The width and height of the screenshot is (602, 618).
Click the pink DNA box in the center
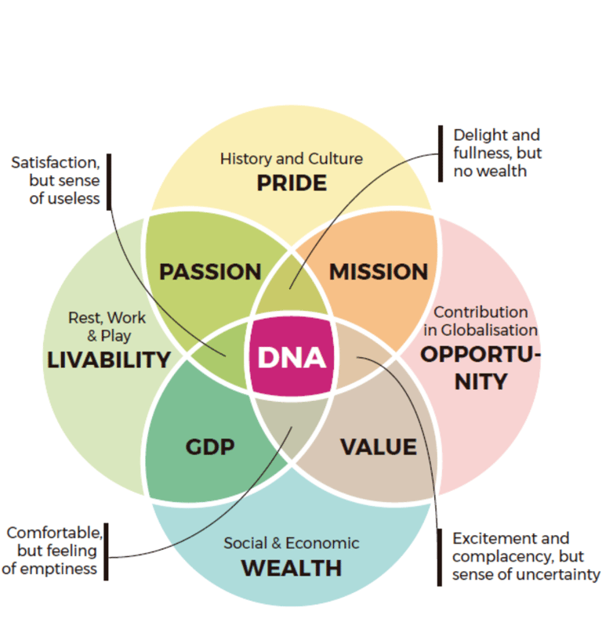[292, 357]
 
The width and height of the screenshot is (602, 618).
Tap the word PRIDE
[292, 183]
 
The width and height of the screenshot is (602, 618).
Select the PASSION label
[210, 272]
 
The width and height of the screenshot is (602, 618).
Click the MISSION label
[379, 272]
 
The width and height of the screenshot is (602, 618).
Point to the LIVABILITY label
[109, 360]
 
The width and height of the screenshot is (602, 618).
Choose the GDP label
[210, 446]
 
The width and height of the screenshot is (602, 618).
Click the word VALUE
[378, 446]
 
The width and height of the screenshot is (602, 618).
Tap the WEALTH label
[292, 567]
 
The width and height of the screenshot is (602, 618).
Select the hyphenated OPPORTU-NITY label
[481, 368]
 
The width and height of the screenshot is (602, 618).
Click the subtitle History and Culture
[292, 159]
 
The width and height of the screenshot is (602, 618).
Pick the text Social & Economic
[292, 543]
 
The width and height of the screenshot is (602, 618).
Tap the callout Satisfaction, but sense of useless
[56, 180]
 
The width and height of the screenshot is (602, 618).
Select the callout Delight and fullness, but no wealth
[497, 153]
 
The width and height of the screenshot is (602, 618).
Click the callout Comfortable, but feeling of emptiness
[53, 551]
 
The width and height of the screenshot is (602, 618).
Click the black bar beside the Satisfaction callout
[108, 182]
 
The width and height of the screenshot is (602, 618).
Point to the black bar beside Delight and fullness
[441, 153]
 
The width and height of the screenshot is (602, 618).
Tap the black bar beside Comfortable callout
[107, 551]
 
